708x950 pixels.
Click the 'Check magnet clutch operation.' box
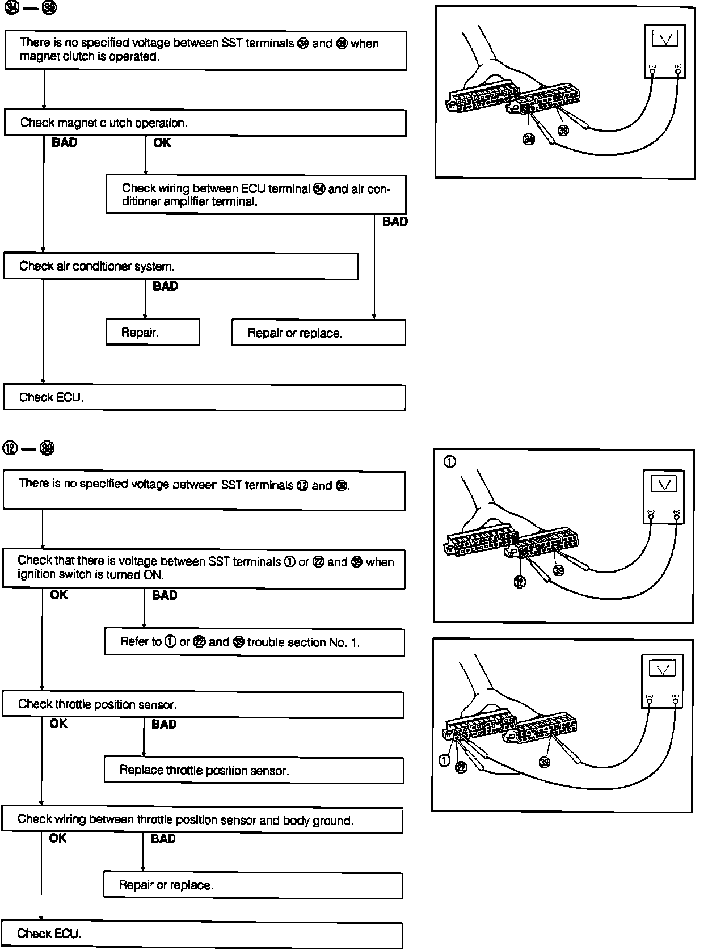point(205,123)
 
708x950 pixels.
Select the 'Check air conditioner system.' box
point(181,266)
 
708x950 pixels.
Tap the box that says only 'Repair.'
point(153,332)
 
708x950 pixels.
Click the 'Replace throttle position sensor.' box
point(254,770)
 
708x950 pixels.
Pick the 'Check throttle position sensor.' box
point(203,704)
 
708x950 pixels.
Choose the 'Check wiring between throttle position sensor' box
point(202,820)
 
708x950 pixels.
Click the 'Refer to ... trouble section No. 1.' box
point(254,642)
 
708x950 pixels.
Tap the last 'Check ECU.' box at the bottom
point(202,934)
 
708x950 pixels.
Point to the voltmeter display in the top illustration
point(665,39)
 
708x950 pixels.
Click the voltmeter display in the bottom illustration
point(662,670)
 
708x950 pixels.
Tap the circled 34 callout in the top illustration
point(529,139)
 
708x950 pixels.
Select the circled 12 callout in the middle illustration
point(520,582)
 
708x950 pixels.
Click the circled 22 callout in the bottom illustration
point(461,767)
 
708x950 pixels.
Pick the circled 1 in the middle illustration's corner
point(449,462)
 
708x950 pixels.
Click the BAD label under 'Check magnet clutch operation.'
point(64,143)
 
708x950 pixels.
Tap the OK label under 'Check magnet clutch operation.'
point(162,143)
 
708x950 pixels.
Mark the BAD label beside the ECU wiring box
point(395,222)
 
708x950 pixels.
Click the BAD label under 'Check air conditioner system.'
point(165,287)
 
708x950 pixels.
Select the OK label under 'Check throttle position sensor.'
point(58,724)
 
